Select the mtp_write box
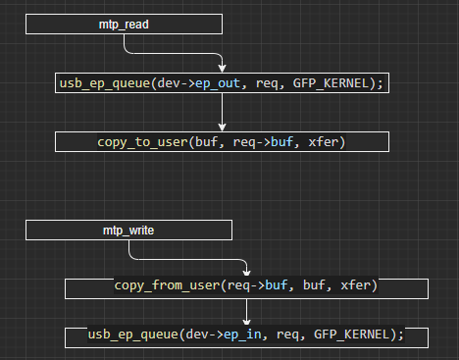[x=129, y=230]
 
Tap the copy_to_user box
[x=223, y=142]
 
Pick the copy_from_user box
[x=246, y=287]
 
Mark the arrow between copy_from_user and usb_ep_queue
[x=246, y=312]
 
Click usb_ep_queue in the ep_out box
[x=102, y=84]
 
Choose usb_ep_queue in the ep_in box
[x=130, y=335]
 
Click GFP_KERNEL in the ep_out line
[x=334, y=84]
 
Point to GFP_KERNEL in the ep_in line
[x=355, y=335]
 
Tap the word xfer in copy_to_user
[x=327, y=142]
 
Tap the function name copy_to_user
[x=141, y=142]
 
